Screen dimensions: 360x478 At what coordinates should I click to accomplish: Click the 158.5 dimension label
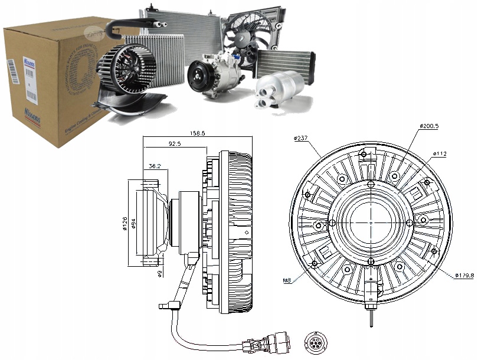click(x=198, y=134)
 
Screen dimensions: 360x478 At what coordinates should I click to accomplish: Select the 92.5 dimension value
click(x=174, y=143)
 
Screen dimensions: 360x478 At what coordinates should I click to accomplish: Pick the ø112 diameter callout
click(x=440, y=154)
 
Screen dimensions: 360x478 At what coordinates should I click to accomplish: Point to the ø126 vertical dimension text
click(x=125, y=223)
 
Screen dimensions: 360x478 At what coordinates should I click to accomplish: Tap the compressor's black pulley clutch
click(x=198, y=78)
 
